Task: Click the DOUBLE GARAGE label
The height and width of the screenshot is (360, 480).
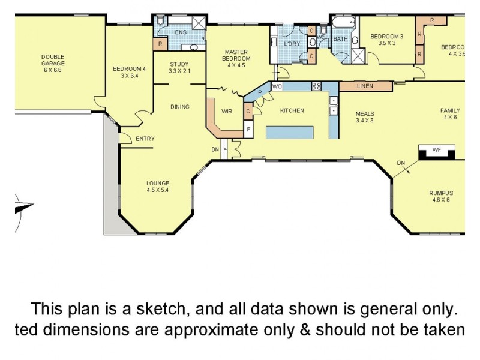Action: [x=53, y=64]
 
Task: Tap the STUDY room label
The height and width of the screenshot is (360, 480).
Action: [x=179, y=68]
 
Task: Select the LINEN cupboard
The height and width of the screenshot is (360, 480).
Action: [x=365, y=86]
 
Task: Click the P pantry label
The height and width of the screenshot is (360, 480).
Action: [x=260, y=92]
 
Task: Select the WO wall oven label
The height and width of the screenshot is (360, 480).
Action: [x=277, y=86]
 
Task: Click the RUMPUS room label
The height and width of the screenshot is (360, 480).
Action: [x=440, y=196]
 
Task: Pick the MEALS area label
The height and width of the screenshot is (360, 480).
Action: [x=365, y=116]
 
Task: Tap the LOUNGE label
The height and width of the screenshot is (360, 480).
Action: [x=158, y=187]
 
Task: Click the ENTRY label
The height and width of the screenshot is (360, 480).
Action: [x=145, y=139]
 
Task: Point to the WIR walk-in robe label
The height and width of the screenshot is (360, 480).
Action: [x=226, y=112]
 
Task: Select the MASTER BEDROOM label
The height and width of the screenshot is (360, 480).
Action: [x=236, y=59]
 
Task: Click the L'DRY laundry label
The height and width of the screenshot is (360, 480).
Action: [x=292, y=44]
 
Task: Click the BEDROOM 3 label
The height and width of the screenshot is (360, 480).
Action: [x=386, y=40]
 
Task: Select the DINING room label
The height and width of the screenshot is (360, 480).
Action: [x=179, y=107]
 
